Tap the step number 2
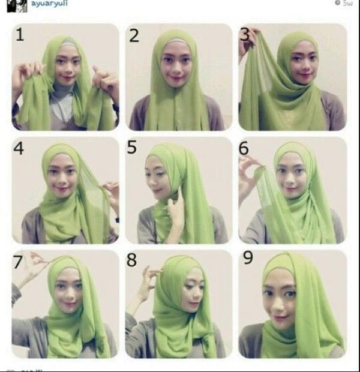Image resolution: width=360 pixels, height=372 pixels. click(x=133, y=35)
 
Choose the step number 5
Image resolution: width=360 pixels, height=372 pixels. click(x=132, y=147)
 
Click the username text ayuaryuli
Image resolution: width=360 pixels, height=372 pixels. click(x=49, y=3)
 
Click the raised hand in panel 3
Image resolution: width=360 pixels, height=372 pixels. click(x=247, y=42)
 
